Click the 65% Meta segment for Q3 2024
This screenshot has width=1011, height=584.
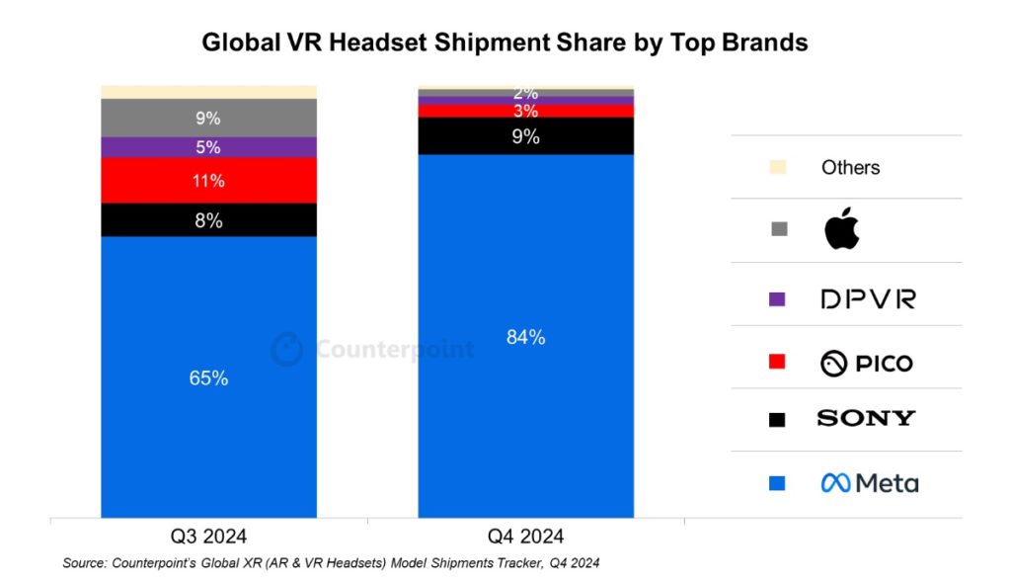pyautogui.click(x=208, y=376)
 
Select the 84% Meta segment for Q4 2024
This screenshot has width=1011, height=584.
pyautogui.click(x=525, y=336)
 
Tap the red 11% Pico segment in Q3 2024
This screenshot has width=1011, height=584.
pyautogui.click(x=208, y=181)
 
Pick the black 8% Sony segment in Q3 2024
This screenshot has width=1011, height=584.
pyautogui.click(x=208, y=220)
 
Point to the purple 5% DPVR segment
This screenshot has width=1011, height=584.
pyautogui.click(x=208, y=147)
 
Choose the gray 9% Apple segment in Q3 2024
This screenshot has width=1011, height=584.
pyautogui.click(x=208, y=118)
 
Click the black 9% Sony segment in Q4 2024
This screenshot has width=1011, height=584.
pyautogui.click(x=525, y=136)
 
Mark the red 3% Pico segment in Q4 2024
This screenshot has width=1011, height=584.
pyautogui.click(x=525, y=111)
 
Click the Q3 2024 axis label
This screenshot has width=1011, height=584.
pyautogui.click(x=208, y=537)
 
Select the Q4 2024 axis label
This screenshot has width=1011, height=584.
pyautogui.click(x=525, y=537)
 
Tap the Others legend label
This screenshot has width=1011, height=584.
pyautogui.click(x=850, y=167)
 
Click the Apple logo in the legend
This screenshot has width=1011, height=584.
pyautogui.click(x=841, y=229)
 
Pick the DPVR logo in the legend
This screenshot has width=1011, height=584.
pyautogui.click(x=868, y=298)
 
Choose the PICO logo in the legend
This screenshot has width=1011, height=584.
pyautogui.click(x=866, y=364)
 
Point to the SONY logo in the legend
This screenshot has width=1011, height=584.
pyautogui.click(x=866, y=418)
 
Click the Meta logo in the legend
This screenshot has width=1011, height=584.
pyautogui.click(x=869, y=483)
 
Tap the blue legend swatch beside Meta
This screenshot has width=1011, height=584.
pyautogui.click(x=777, y=483)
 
